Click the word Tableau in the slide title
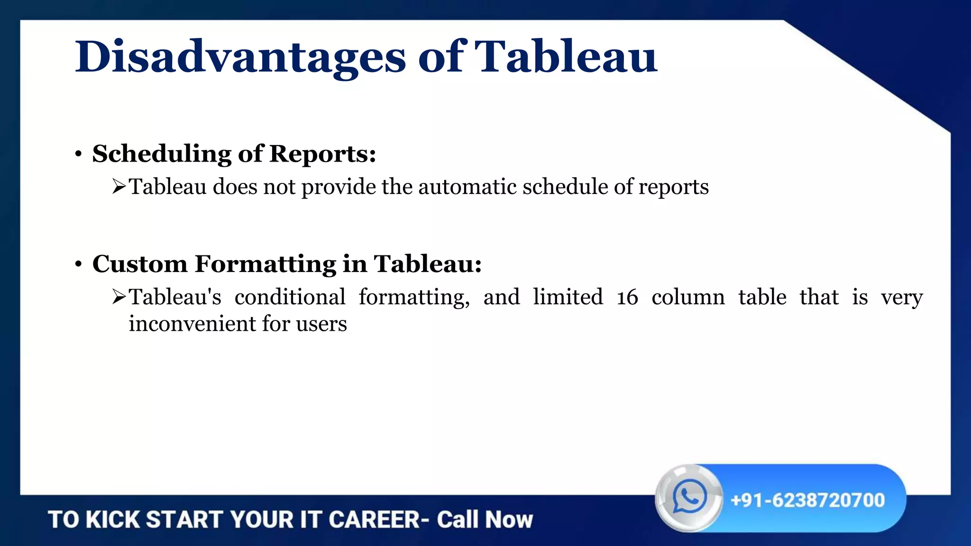(565, 57)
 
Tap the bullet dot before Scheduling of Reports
(79, 155)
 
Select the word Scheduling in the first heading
(161, 155)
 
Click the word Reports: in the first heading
(322, 155)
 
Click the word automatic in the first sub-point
(467, 186)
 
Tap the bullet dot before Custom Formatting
(79, 264)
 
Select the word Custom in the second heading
(140, 264)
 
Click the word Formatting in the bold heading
(266, 264)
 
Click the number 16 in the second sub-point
(627, 298)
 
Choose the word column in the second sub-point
(688, 298)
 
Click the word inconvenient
(192, 324)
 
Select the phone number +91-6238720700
(807, 500)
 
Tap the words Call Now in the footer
(485, 519)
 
